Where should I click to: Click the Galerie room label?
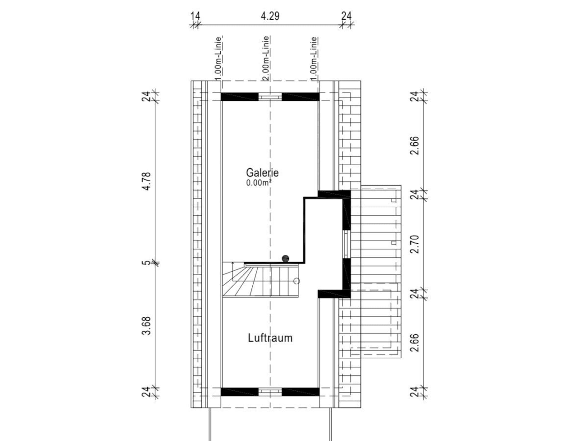click(x=262, y=172)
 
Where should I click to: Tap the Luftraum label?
click(x=270, y=338)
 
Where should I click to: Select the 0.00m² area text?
click(x=259, y=183)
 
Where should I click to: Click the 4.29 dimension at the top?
click(x=270, y=16)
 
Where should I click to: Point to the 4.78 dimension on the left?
click(x=147, y=181)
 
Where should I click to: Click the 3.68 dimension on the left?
click(x=147, y=326)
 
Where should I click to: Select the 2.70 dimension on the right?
click(x=414, y=244)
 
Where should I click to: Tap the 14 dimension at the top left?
click(x=195, y=16)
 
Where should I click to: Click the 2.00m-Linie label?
click(x=266, y=58)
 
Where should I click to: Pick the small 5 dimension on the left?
click(x=147, y=262)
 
